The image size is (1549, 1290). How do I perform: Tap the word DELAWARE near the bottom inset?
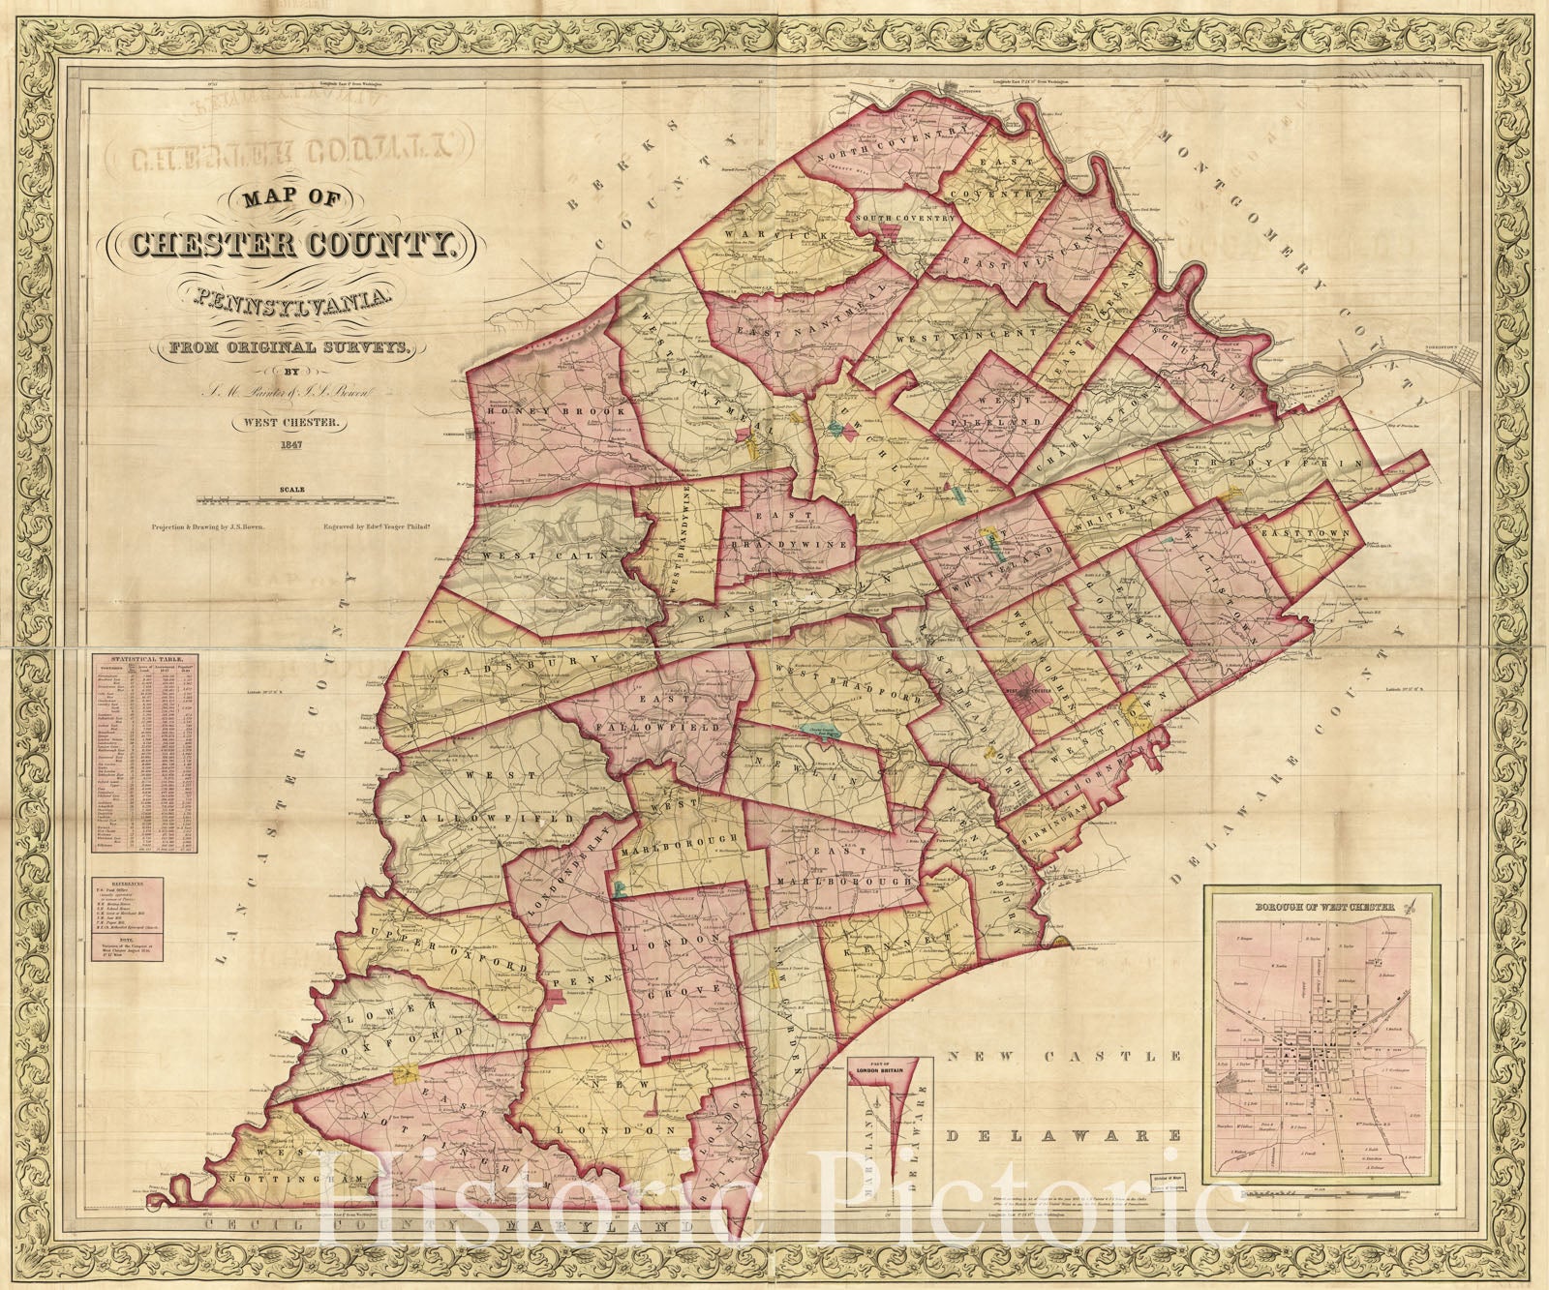1064,1133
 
